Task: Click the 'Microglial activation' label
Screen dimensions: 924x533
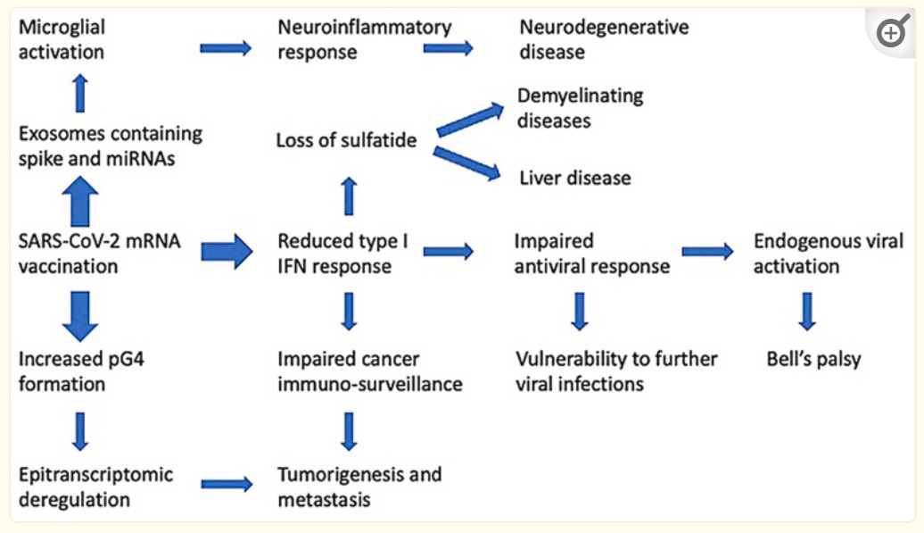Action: pos(62,39)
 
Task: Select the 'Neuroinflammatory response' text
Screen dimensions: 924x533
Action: pos(364,39)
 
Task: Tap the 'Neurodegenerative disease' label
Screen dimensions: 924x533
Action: pos(604,39)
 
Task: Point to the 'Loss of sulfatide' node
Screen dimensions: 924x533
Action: pos(346,140)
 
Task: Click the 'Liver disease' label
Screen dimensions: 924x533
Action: pos(574,178)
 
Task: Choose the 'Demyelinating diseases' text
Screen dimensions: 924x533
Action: pos(580,108)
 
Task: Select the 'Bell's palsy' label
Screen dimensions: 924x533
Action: pos(813,359)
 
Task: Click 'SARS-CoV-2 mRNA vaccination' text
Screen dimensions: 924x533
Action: pos(99,254)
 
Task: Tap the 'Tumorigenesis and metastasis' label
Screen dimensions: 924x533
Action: pos(359,487)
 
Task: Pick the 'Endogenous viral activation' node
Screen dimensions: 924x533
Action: pos(828,254)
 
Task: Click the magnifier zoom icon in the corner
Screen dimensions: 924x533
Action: pos(892,32)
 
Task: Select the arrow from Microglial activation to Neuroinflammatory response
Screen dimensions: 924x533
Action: pos(226,47)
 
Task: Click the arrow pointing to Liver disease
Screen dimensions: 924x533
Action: pos(466,163)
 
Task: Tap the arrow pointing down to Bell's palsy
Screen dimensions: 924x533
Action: pos(807,312)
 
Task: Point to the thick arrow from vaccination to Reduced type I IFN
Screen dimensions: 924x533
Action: pos(227,252)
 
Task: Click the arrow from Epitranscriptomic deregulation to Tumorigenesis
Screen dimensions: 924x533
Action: pos(227,485)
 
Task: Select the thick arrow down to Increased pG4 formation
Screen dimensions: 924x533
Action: pos(80,316)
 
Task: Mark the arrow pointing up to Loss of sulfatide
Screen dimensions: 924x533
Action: pos(349,196)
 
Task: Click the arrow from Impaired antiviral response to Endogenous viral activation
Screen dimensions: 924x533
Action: pos(708,252)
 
